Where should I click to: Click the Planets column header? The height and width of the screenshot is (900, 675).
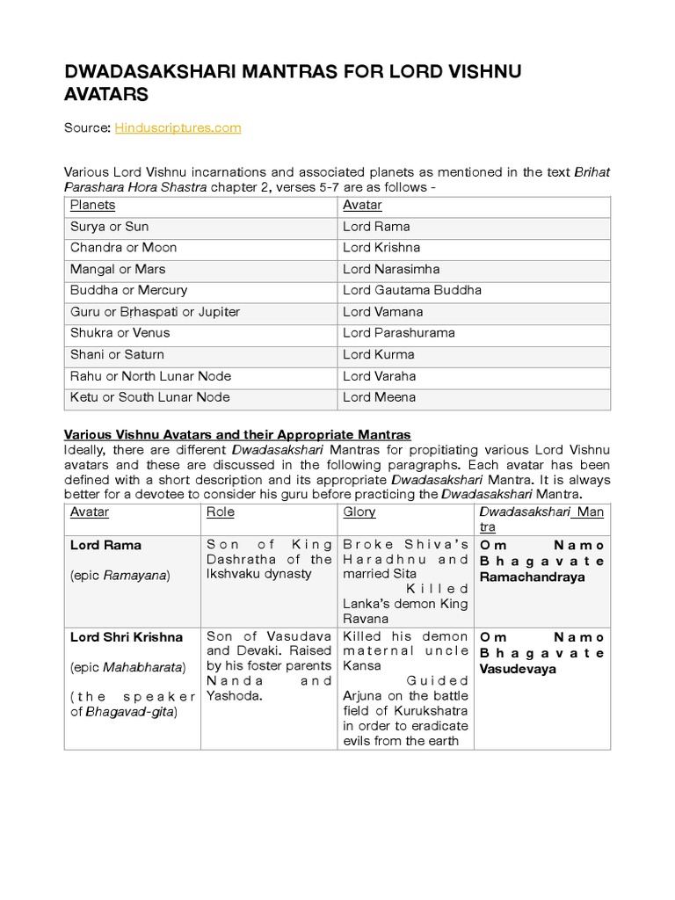[93, 206]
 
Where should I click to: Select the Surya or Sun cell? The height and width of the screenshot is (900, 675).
[110, 227]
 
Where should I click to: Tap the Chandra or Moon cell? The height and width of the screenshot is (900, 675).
[124, 248]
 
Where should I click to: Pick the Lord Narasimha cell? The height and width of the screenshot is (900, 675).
[391, 269]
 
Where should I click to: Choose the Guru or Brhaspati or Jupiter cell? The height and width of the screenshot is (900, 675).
[156, 312]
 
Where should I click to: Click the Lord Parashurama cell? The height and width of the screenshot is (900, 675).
[399, 333]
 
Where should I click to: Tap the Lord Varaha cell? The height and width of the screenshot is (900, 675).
[380, 376]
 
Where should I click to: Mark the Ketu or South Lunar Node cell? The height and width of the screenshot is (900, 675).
[150, 397]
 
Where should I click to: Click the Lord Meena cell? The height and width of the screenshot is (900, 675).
[378, 397]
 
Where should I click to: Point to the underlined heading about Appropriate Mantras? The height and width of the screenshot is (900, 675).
[237, 435]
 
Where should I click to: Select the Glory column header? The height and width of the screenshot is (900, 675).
[359, 512]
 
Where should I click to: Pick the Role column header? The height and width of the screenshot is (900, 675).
[220, 512]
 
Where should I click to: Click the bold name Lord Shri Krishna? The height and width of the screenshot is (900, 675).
[127, 636]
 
